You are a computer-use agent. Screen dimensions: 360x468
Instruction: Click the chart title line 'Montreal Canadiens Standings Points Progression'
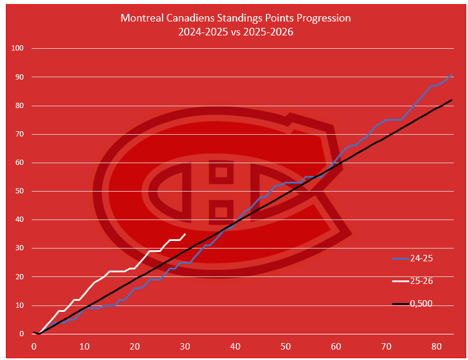pos(235,18)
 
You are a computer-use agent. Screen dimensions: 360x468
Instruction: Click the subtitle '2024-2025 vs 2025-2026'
pos(235,32)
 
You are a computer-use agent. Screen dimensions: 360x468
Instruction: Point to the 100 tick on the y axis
pos(17,48)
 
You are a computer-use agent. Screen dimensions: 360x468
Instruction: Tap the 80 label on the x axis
pos(437,347)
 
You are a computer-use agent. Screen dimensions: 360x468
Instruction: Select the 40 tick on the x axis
pos(235,347)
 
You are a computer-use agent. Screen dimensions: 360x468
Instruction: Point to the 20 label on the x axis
pos(135,347)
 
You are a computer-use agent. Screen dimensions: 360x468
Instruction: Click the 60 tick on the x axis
pos(336,347)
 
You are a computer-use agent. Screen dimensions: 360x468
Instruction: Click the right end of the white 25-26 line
pos(185,234)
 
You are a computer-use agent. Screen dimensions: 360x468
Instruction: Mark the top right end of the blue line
pos(452,74)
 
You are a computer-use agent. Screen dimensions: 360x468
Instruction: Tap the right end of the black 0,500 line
pos(452,100)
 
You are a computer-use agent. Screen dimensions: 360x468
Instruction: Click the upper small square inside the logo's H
pos(221,172)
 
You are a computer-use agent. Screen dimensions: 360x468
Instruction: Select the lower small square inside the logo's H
pos(221,211)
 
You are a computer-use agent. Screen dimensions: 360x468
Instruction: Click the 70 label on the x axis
pos(386,347)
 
